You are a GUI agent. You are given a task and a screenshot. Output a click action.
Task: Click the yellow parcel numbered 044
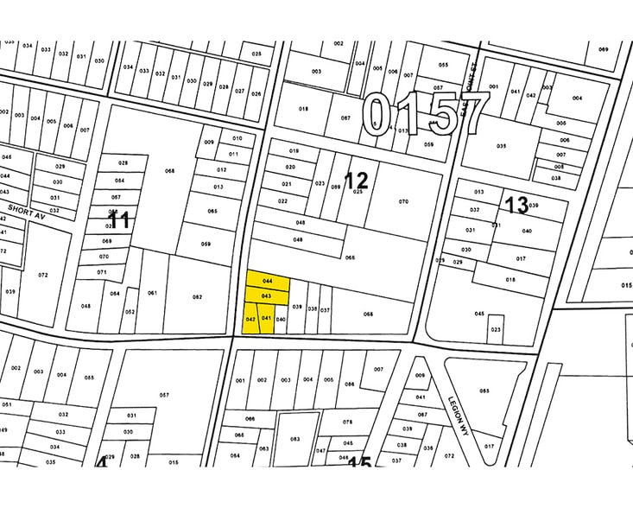pyautogui.click(x=268, y=282)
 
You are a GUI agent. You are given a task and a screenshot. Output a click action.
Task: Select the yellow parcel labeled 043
pyautogui.click(x=267, y=296)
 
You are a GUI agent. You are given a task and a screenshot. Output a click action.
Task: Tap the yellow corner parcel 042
pyautogui.click(x=250, y=319)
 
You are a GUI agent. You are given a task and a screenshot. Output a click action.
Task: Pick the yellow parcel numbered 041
pyautogui.click(x=267, y=318)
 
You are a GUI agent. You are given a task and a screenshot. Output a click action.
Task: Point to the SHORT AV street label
pyautogui.click(x=25, y=211)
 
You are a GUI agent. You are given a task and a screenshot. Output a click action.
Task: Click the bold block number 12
pyautogui.click(x=356, y=181)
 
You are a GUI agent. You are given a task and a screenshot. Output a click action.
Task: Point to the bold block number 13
pyautogui.click(x=516, y=205)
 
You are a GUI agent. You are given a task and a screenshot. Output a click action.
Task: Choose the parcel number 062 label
pyautogui.click(x=197, y=297)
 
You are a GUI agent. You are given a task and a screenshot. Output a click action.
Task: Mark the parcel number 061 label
pyautogui.click(x=152, y=293)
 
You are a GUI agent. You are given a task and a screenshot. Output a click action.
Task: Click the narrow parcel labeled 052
pyautogui.click(x=130, y=312)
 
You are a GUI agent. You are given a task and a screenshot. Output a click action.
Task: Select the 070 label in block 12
pyautogui.click(x=403, y=201)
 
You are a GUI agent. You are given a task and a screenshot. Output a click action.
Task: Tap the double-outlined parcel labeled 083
pyautogui.click(x=295, y=440)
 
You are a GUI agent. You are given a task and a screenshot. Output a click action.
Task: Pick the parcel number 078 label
pyautogui.click(x=348, y=422)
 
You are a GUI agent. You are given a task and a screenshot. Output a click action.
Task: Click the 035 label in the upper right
pyautogui.click(x=502, y=146)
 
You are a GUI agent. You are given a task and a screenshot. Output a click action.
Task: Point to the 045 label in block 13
pyautogui.click(x=479, y=314)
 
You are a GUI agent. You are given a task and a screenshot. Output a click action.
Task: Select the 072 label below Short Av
pyautogui.click(x=43, y=275)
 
